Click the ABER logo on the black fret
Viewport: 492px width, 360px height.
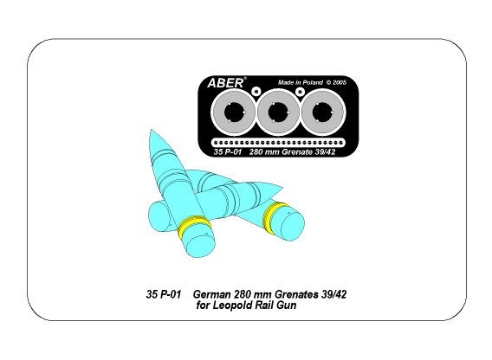click(225, 83)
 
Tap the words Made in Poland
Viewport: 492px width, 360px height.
click(301, 82)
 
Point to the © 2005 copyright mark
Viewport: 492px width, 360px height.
click(336, 82)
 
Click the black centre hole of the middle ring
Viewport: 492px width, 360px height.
click(278, 112)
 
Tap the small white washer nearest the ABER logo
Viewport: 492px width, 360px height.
click(256, 91)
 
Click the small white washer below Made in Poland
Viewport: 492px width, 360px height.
click(301, 91)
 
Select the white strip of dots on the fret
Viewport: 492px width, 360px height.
click(278, 143)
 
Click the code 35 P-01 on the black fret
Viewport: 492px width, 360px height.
click(228, 152)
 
